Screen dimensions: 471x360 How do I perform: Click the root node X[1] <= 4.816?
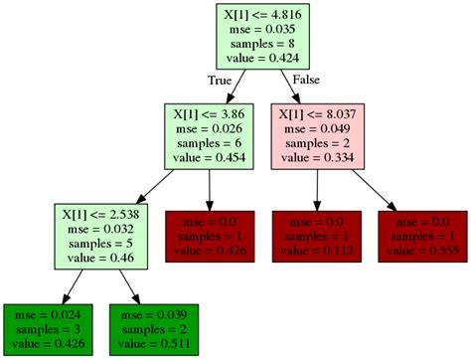pos(261,36)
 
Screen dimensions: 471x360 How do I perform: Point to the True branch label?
pos(221,80)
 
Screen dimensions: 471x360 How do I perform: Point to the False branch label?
pos(306,80)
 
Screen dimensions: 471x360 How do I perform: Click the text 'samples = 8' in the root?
pos(261,44)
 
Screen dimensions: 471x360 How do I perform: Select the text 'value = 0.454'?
pos(208,156)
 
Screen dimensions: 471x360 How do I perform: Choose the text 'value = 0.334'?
pos(316,156)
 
